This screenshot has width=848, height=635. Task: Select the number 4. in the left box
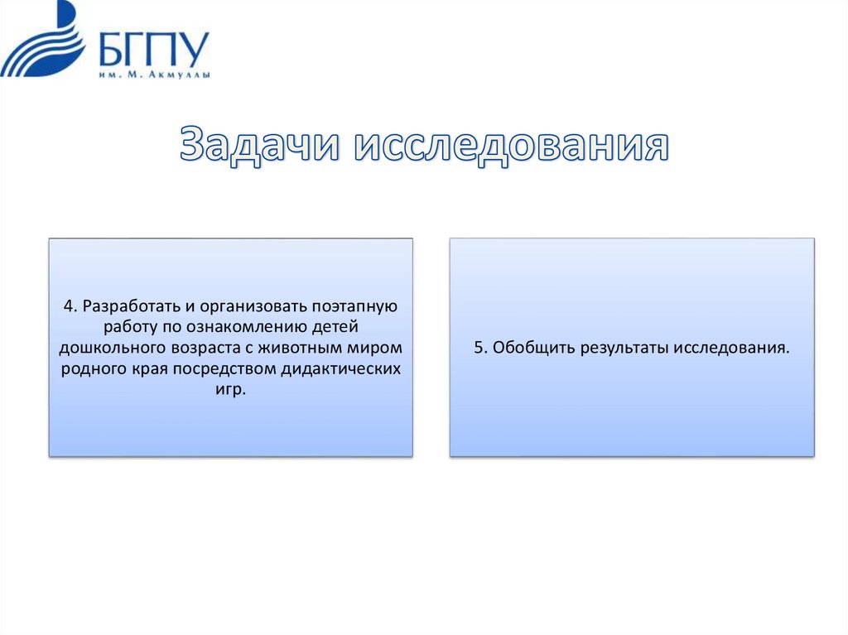70,306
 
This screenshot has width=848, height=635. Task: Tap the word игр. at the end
230,389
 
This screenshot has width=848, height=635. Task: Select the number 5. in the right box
480,348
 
